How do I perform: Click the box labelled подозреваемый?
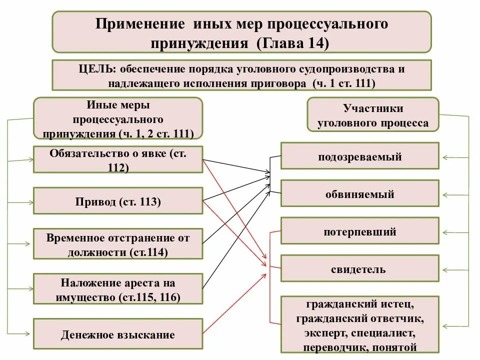[359, 156]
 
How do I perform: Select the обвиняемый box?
[359, 193]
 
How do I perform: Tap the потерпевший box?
[359, 231]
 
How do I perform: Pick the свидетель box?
[359, 269]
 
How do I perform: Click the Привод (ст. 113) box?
[118, 202]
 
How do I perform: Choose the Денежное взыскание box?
[118, 334]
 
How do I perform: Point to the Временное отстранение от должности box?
[118, 244]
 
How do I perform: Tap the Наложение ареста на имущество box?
[118, 289]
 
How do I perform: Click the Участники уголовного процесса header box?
[372, 116]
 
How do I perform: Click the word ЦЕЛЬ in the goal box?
[90, 69]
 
